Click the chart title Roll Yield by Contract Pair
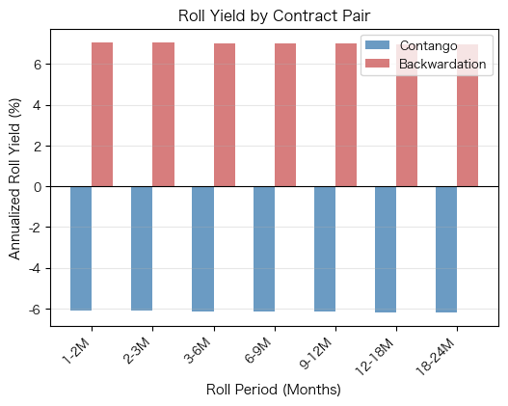pos(274,16)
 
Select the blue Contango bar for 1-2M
pos(81,248)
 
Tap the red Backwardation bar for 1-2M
pos(102,115)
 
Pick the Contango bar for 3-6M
pos(202,249)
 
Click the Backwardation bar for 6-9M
pos(285,115)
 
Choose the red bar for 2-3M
pos(163,115)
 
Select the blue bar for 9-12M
pos(325,249)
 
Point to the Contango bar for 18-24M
pos(446,249)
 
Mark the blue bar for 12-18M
pos(386,249)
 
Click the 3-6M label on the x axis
pos(199,348)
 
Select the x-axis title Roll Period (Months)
pos(274,391)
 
